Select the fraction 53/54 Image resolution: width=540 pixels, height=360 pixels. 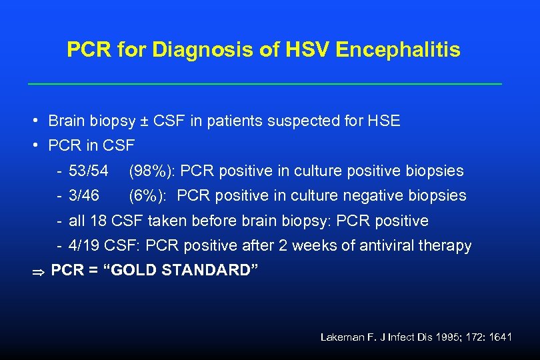pos(89,171)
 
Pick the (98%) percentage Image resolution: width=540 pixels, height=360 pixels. pos(151,171)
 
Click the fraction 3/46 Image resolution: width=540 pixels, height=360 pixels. pos(84,195)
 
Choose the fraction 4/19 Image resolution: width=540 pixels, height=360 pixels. pos(84,245)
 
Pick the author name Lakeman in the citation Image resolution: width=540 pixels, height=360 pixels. pos(341,337)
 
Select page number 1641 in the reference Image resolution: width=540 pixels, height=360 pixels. pos(499,337)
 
